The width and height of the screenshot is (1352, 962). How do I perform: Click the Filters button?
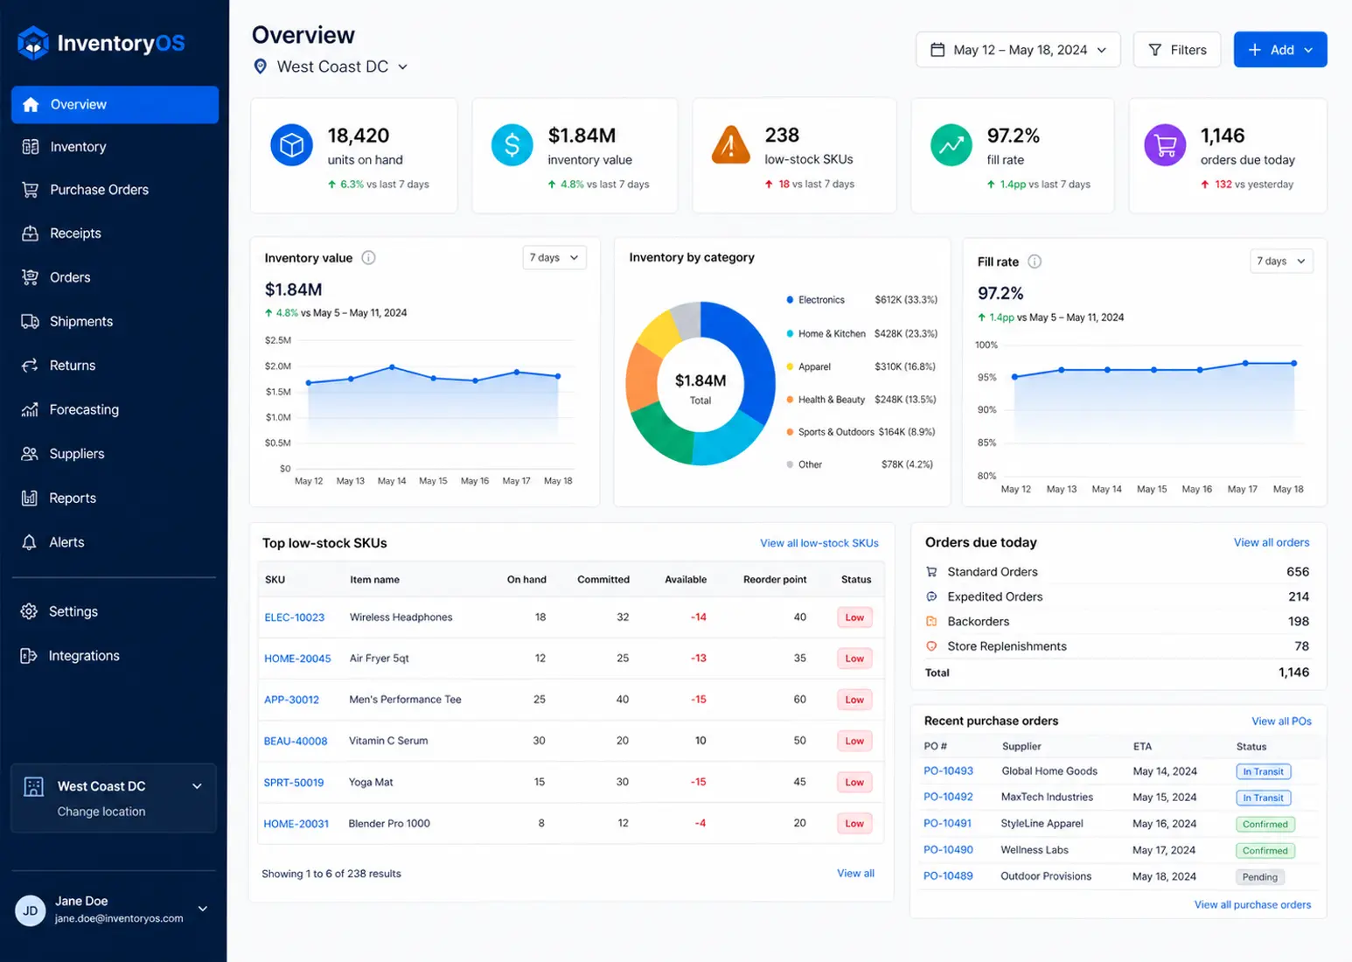click(1176, 50)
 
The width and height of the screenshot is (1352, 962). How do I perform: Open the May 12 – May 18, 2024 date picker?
click(1018, 50)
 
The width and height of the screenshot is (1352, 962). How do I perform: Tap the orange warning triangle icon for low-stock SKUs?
click(730, 145)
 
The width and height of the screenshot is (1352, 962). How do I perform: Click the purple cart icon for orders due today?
click(1165, 145)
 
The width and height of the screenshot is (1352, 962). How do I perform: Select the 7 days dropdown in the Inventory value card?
click(554, 258)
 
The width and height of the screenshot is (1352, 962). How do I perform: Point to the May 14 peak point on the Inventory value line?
click(393, 367)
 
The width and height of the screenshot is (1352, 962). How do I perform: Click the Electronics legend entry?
click(821, 300)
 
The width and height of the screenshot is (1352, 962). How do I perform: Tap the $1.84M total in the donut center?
click(700, 380)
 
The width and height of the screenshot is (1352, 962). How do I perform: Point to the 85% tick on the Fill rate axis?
click(986, 443)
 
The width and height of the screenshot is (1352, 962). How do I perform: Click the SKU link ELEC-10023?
click(294, 617)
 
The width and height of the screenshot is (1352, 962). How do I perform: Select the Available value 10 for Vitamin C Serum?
click(700, 741)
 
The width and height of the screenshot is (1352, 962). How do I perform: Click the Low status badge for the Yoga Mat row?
click(854, 782)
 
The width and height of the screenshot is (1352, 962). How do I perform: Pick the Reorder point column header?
click(774, 579)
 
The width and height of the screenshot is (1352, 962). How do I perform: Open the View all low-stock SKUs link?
click(819, 543)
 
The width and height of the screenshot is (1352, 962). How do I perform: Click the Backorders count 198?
click(1299, 621)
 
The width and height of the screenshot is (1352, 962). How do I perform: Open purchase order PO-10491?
click(948, 823)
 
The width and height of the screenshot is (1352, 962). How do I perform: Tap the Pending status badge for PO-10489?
click(1259, 877)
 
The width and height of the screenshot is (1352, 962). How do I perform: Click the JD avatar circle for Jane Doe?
click(31, 910)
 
